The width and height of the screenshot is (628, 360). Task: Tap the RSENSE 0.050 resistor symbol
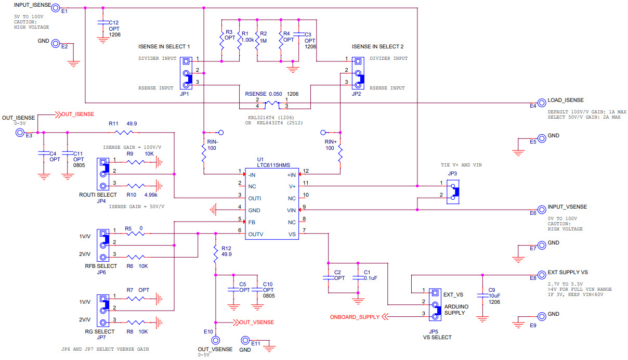[272, 102]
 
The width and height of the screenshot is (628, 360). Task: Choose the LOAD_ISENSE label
[566, 100]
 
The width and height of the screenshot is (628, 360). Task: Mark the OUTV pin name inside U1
[256, 234]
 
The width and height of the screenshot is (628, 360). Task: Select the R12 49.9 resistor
[216, 254]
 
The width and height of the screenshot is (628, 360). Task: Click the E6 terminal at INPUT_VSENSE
[541, 208]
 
